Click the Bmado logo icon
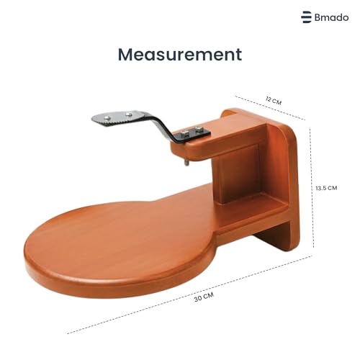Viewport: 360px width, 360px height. pyautogui.click(x=306, y=17)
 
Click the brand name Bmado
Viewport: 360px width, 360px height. pyautogui.click(x=331, y=17)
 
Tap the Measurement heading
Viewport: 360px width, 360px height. pyautogui.click(x=180, y=55)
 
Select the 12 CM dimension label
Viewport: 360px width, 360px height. pyautogui.click(x=274, y=100)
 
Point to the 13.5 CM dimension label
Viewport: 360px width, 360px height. pyautogui.click(x=326, y=188)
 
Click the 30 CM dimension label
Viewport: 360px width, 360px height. pyautogui.click(x=204, y=297)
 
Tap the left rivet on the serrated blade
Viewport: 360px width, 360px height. pyautogui.click(x=108, y=118)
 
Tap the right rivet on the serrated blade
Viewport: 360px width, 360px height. pyautogui.click(x=129, y=114)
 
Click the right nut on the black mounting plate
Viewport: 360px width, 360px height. pyautogui.click(x=199, y=130)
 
